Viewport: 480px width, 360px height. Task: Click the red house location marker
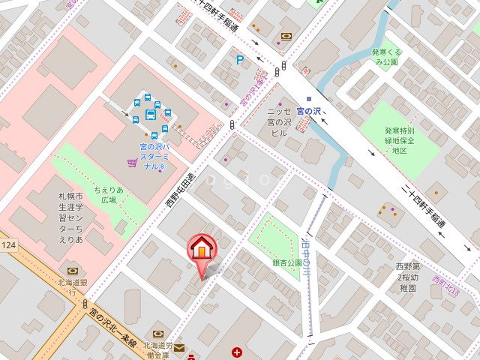coord(201,249)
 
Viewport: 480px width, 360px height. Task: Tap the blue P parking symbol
coord(240,60)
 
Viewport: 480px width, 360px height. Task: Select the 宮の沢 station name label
coord(308,111)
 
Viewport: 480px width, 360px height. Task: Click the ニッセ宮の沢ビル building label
coord(279,122)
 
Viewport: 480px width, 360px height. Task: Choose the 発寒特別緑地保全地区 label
coord(400,140)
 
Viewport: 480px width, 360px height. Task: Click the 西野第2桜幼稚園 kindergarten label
coord(407,277)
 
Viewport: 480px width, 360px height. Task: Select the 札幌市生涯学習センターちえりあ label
coord(70,217)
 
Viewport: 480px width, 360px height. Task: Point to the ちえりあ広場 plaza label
coord(109,195)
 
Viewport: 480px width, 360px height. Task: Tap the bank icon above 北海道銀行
coord(72,271)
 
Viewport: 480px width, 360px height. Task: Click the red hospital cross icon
coord(237,352)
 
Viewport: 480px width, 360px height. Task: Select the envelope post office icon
coord(179,348)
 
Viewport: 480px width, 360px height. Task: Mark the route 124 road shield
coord(8,245)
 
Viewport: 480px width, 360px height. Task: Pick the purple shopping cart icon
coord(132,162)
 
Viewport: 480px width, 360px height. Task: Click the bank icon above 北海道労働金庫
coord(158,334)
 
